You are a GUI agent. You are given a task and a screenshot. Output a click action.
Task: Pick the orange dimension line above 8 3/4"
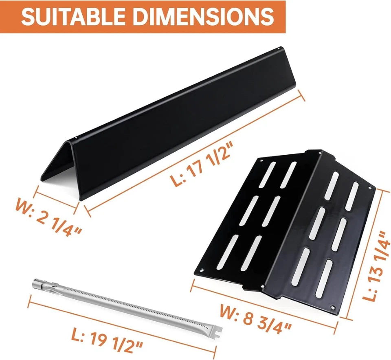pyautogui.click(x=265, y=305)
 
